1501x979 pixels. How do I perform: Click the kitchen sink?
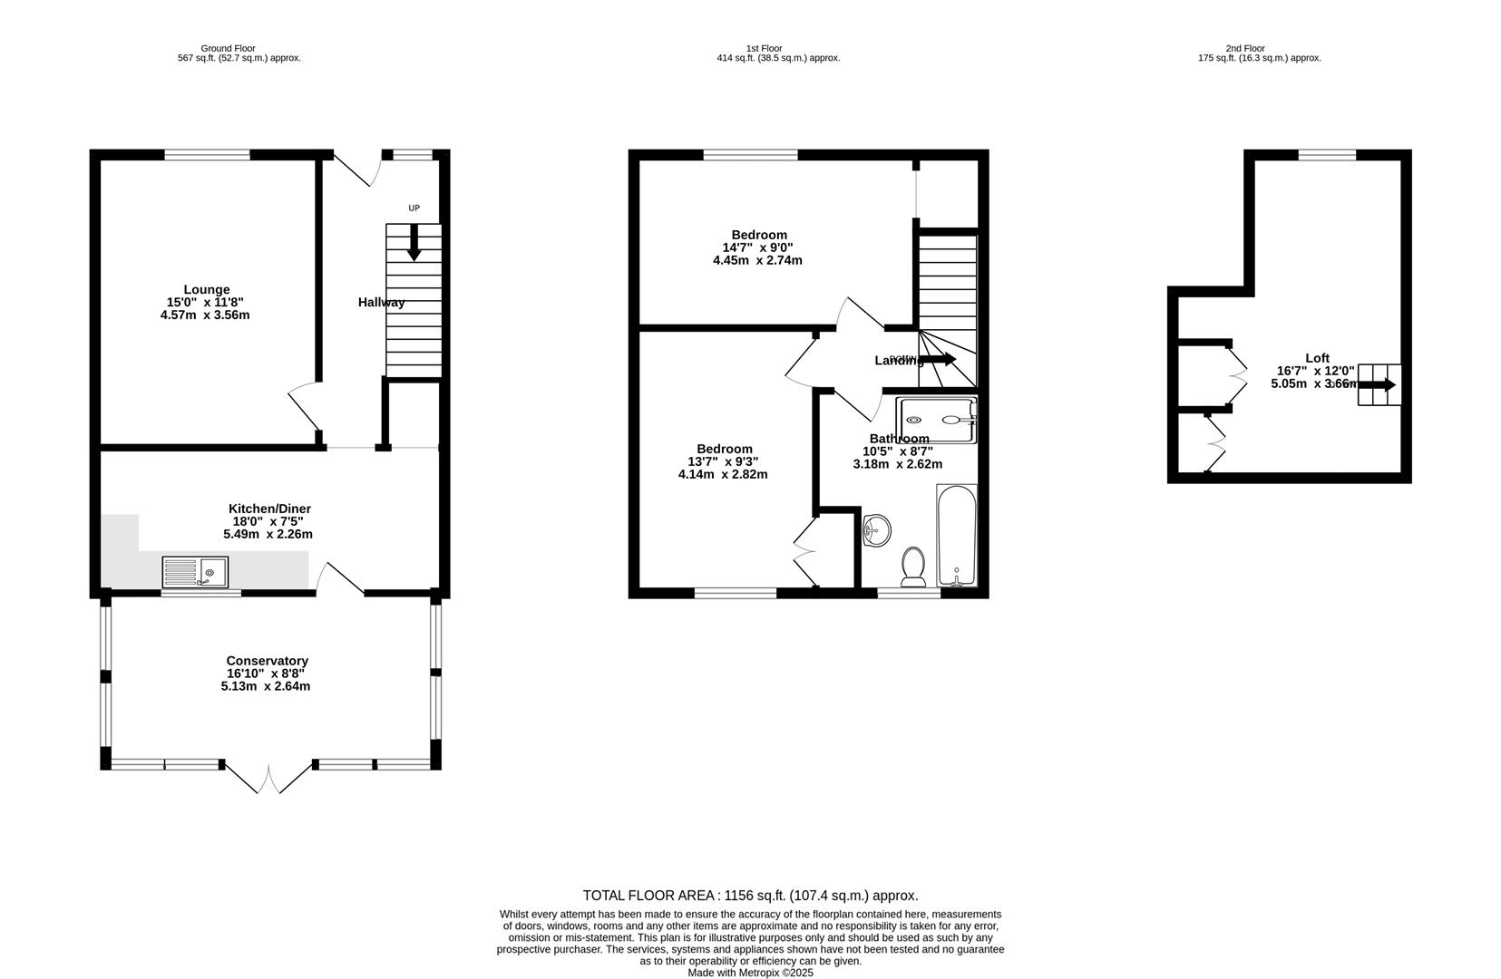click(x=196, y=572)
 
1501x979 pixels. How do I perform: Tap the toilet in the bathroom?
click(x=912, y=566)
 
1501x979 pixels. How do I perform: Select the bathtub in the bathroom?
click(x=956, y=535)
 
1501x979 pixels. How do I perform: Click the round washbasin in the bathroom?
click(x=876, y=530)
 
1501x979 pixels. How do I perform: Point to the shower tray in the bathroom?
click(x=936, y=420)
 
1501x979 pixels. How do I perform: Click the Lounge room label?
click(x=206, y=289)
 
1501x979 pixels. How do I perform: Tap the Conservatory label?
click(x=267, y=661)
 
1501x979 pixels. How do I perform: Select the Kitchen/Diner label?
click(x=269, y=509)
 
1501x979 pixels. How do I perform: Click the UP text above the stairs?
click(x=414, y=208)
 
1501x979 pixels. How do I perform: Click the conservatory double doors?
click(x=269, y=779)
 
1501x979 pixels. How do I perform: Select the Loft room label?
click(x=1317, y=358)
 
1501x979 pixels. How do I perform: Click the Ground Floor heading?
click(x=228, y=48)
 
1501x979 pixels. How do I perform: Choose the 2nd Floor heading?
click(x=1244, y=48)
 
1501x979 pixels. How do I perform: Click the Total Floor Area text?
click(x=750, y=896)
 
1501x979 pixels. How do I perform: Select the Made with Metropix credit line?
click(x=750, y=973)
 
